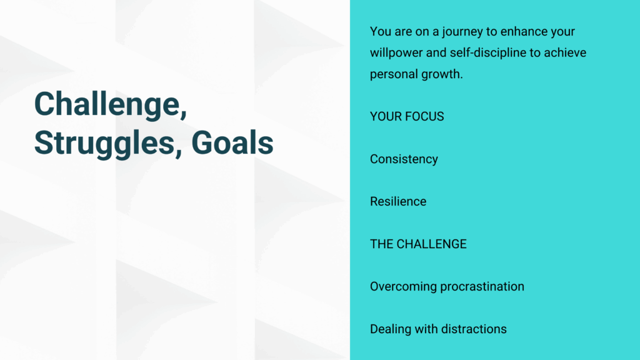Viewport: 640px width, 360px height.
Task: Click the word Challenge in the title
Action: click(107, 105)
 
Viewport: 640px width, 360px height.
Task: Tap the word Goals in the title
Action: click(232, 142)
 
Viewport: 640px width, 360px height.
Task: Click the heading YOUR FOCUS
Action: click(407, 117)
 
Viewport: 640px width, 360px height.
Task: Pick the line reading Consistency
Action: click(404, 159)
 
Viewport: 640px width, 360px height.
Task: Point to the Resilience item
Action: click(398, 202)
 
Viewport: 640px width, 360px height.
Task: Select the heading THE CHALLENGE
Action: click(418, 244)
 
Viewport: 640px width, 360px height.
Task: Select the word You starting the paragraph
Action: click(381, 32)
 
